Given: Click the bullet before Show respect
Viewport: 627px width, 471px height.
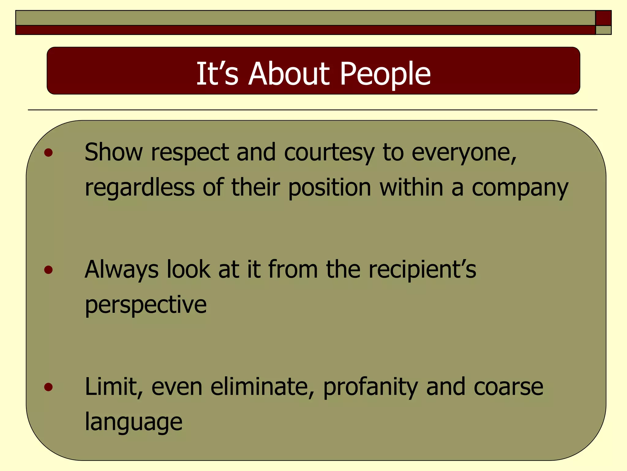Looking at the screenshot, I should (48, 152).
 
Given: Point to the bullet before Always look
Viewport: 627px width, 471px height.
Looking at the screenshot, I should (48, 270).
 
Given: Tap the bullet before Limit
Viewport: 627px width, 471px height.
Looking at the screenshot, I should (48, 387).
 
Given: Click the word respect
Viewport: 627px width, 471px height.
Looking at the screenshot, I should (190, 152).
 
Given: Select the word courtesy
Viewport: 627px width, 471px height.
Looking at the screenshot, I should (329, 152).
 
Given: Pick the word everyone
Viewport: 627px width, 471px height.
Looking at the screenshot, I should (464, 152).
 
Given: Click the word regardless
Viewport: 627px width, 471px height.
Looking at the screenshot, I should (140, 188).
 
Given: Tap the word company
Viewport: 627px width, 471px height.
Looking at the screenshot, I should (520, 188).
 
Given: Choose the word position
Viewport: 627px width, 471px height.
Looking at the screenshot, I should (330, 188).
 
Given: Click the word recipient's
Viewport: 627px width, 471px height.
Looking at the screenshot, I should (422, 270).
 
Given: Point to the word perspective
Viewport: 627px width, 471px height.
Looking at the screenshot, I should (146, 305).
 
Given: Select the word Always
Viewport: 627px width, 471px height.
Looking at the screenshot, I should (122, 270).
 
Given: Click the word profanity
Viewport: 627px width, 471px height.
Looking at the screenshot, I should (370, 387).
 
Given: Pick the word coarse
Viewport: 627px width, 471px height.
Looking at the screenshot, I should (508, 387).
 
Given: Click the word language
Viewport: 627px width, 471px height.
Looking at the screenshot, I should (133, 422).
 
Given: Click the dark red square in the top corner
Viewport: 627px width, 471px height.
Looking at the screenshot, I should (603, 18).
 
